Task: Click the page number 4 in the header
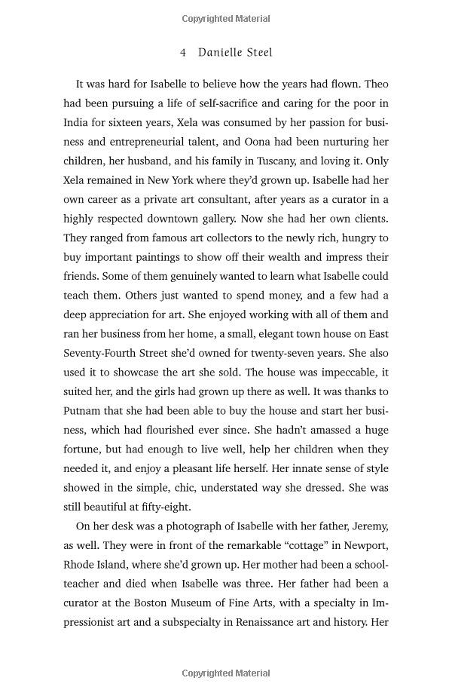(x=183, y=53)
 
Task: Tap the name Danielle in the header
(x=219, y=53)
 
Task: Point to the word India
(x=78, y=122)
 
